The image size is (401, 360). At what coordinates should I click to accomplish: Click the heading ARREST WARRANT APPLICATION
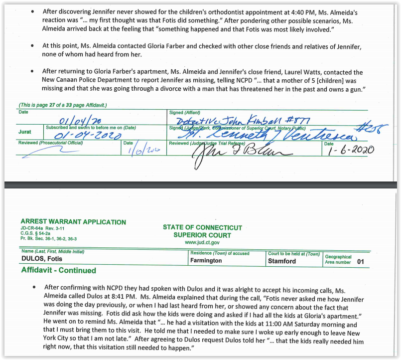click(x=73, y=222)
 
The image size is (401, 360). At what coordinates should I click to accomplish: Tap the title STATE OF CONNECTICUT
click(x=202, y=227)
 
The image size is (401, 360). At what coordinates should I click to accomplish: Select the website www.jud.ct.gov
click(x=202, y=242)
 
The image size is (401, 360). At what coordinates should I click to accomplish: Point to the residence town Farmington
click(x=206, y=261)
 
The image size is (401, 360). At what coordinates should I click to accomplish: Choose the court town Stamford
click(x=281, y=261)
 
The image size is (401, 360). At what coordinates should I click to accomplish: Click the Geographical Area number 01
click(x=361, y=261)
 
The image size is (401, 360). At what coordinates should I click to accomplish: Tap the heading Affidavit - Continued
click(x=59, y=270)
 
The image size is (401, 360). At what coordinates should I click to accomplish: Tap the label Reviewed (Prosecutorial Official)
click(x=50, y=143)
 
